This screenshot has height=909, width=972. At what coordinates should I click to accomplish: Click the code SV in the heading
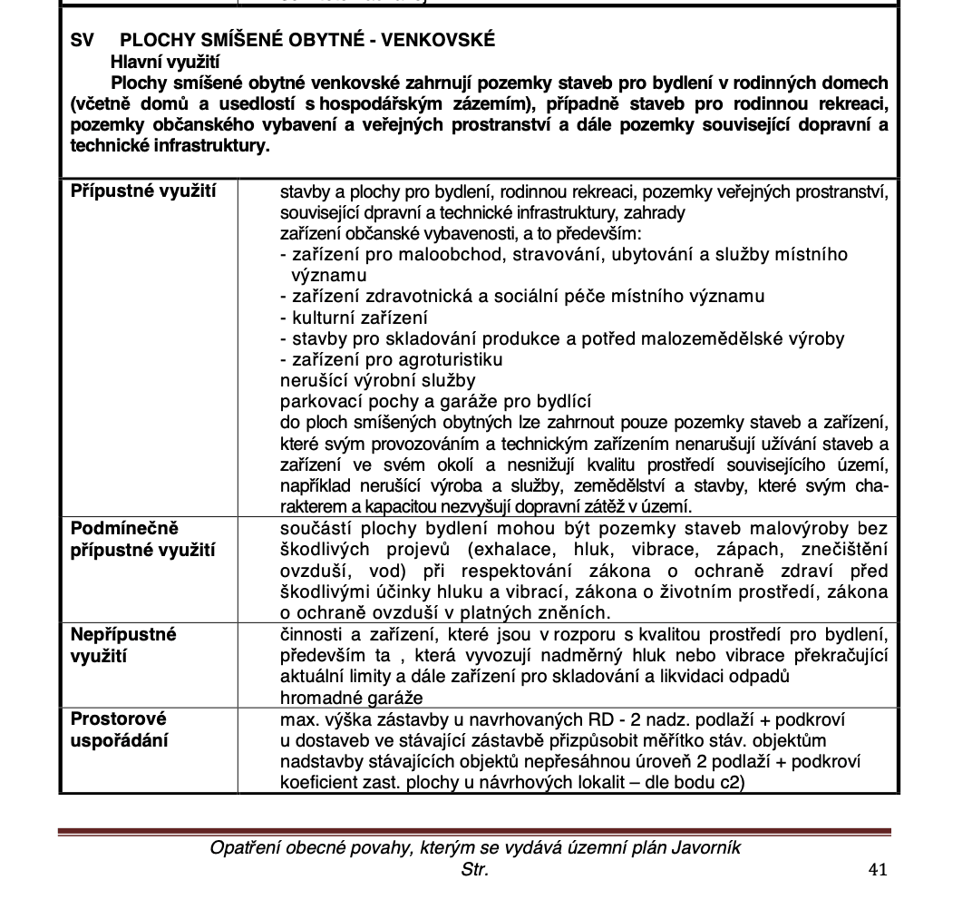83,41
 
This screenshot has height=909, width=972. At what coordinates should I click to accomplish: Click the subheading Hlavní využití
166,63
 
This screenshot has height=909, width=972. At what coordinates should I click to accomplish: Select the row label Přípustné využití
143,191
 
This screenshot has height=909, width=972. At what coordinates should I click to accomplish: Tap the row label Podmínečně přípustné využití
143,539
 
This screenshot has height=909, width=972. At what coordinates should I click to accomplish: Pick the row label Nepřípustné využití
123,644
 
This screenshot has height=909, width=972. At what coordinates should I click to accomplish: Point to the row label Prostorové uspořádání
119,729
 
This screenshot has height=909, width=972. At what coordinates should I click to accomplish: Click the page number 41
877,869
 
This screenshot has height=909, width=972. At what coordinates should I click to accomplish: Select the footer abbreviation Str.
475,870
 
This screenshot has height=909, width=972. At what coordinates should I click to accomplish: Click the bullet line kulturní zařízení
355,318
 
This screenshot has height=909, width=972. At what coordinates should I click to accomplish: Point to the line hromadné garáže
352,698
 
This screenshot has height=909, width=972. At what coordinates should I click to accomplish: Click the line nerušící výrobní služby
378,380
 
